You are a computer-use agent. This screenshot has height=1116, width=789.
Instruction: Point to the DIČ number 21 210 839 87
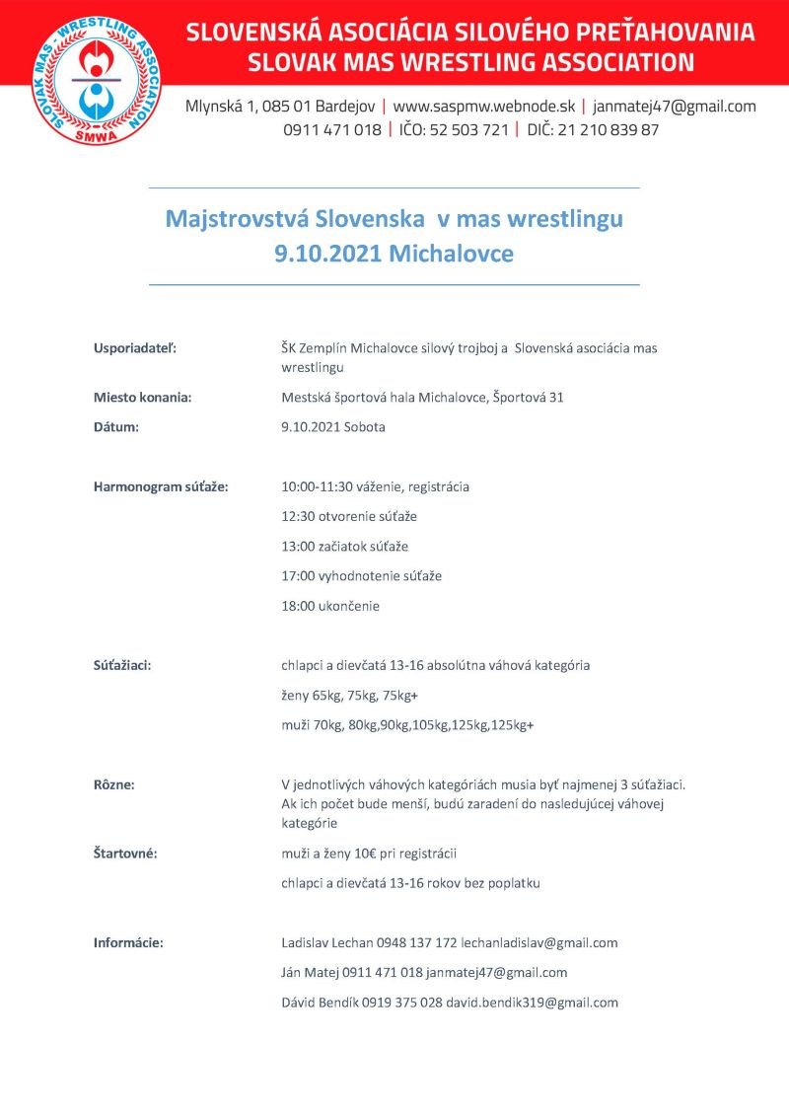point(609,130)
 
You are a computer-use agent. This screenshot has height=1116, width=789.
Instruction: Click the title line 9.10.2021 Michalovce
point(394,253)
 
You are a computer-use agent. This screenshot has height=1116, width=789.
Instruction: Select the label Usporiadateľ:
point(136,347)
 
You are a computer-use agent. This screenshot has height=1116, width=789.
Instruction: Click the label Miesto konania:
point(142,398)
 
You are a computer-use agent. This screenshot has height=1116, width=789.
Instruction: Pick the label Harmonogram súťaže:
point(161,486)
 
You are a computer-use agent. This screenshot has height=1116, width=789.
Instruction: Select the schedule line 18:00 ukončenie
point(330,606)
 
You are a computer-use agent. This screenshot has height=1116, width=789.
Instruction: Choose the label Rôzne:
point(114,784)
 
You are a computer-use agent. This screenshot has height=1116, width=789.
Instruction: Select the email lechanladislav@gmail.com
point(539,942)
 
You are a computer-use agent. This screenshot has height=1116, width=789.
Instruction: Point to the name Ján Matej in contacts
point(311,973)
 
